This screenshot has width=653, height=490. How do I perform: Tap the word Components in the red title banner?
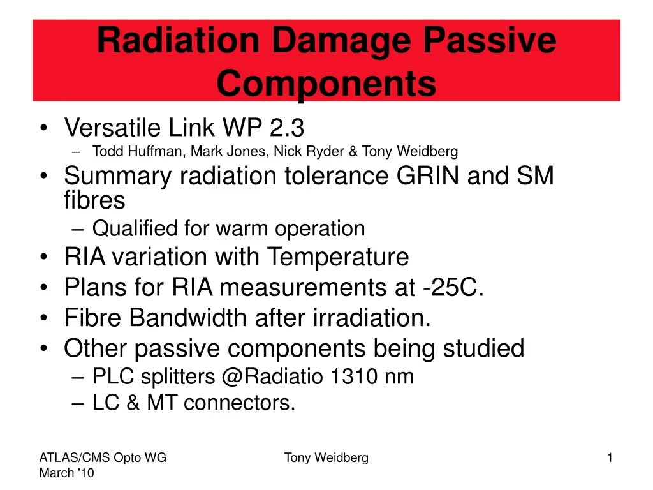point(326,84)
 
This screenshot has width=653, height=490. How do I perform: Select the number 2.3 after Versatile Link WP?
point(286,128)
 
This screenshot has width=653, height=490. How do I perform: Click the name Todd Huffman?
point(131,151)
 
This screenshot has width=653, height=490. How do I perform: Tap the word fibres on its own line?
point(94,200)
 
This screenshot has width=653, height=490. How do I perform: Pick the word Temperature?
point(337,257)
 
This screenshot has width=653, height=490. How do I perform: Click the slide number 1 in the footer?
point(610,457)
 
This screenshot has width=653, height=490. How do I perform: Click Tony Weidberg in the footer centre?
point(326,457)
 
